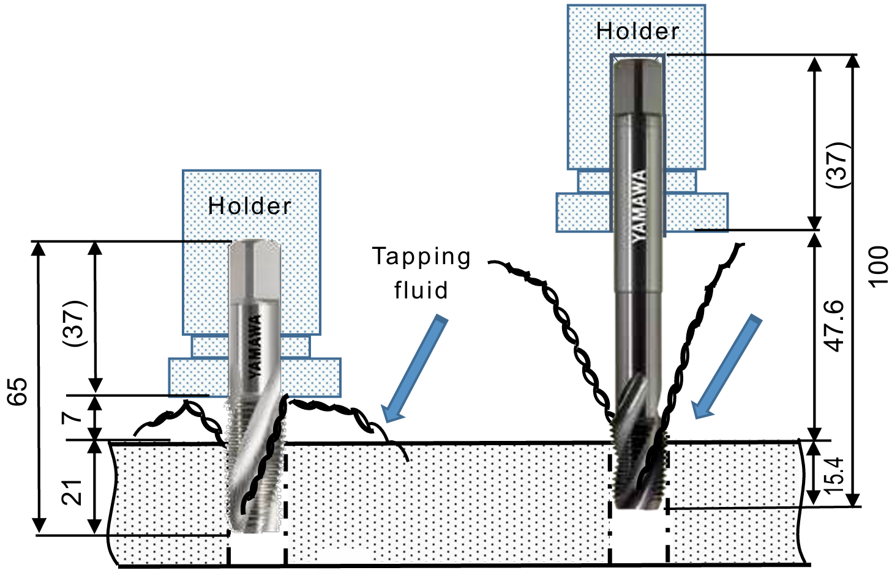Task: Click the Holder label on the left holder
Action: click(x=250, y=206)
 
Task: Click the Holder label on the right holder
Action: click(x=637, y=31)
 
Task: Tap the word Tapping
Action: click(x=422, y=256)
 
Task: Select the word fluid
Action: click(x=421, y=290)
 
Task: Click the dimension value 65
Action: click(x=18, y=391)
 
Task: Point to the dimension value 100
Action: click(x=878, y=266)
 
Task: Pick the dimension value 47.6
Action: click(x=834, y=325)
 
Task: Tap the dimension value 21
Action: click(x=72, y=492)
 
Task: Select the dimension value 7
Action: click(x=72, y=416)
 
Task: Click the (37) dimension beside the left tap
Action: click(x=75, y=323)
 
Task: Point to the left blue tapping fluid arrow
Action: click(x=414, y=369)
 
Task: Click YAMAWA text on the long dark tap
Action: click(x=639, y=205)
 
